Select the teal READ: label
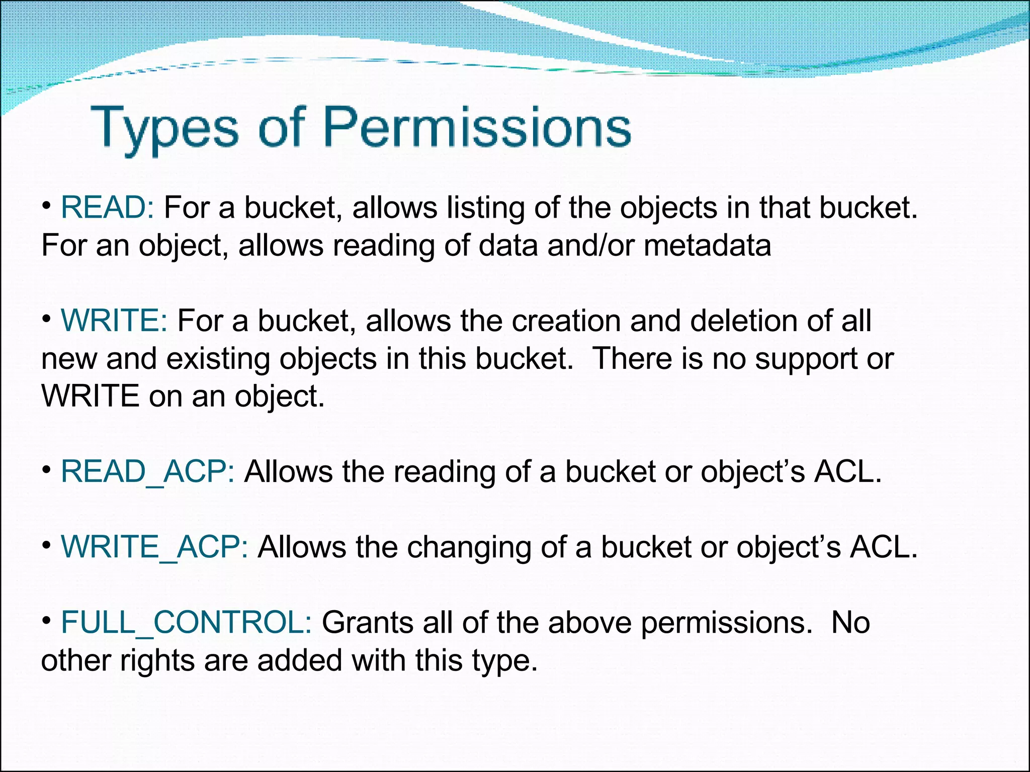click(107, 208)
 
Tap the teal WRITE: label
click(114, 321)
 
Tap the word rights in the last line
click(157, 661)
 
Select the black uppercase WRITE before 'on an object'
click(91, 396)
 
